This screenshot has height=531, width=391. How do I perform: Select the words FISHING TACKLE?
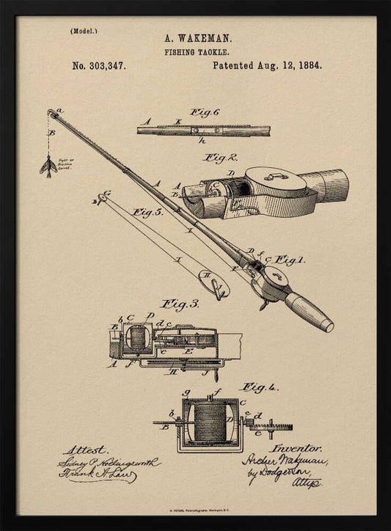pyautogui.click(x=197, y=52)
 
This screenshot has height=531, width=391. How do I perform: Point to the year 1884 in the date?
pyautogui.click(x=307, y=65)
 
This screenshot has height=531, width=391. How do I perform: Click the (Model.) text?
pyautogui.click(x=84, y=31)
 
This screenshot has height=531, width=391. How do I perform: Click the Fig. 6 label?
pyautogui.click(x=205, y=112)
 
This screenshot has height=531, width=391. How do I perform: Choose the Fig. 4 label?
pyautogui.click(x=258, y=387)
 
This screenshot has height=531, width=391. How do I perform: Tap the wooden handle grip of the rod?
pyautogui.click(x=308, y=311)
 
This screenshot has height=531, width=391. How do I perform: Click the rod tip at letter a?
pyautogui.click(x=52, y=113)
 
